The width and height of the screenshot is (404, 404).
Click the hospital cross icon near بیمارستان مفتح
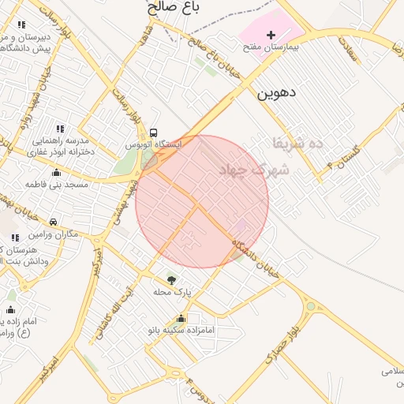coord(271,35)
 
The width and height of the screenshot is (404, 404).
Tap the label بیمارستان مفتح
coord(271,48)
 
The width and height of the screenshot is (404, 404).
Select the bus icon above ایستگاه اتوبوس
coord(153,133)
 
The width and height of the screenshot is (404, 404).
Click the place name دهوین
coord(276,92)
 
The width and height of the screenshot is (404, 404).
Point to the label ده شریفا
coord(288,144)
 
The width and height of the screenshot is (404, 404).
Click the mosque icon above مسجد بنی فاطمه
coord(55,173)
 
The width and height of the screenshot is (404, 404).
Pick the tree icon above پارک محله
coord(171,279)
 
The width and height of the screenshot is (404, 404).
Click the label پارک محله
coord(173,292)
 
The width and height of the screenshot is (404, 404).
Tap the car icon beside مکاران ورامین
coord(53,223)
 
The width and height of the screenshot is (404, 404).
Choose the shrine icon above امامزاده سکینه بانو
coord(181,319)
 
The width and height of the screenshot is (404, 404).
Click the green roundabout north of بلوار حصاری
coord(310,306)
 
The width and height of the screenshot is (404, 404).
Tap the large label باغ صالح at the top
coord(173,8)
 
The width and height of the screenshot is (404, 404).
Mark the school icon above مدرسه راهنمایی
coord(60,128)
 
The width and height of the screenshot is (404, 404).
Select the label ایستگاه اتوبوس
coord(154,145)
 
